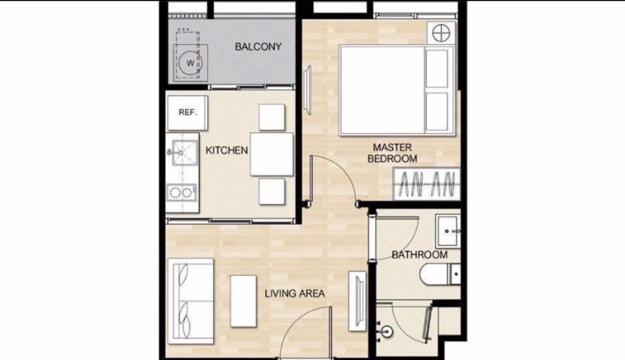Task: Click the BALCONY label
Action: click(258, 46)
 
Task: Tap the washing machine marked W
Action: click(191, 63)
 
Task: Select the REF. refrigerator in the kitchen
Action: click(187, 113)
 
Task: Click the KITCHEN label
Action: click(227, 151)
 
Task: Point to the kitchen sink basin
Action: click(185, 152)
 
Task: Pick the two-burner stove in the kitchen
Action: click(181, 193)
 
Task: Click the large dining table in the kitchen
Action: click(272, 154)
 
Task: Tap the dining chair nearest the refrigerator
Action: click(272, 117)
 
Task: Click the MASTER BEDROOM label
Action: click(392, 153)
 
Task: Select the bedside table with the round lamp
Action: click(441, 33)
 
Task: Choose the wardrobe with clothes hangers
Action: click(427, 184)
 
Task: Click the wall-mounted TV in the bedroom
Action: click(307, 90)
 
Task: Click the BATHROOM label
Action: click(420, 255)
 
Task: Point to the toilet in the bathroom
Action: click(440, 275)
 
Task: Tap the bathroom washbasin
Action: click(448, 231)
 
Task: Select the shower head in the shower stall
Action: click(386, 332)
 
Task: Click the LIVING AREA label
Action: click(295, 294)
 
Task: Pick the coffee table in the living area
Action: click(243, 301)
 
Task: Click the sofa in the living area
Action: click(191, 301)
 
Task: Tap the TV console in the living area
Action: click(357, 301)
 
